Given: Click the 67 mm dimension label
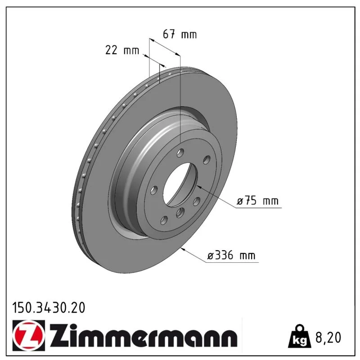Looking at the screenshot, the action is coord(180,35).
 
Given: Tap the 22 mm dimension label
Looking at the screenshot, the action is coord(122,50).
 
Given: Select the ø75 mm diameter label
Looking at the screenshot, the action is coord(257,201).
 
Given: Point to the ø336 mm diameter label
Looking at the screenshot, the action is coord(231,255).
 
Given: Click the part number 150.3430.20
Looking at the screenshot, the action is coord(49,308).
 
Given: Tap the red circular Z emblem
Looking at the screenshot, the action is coord(28,335).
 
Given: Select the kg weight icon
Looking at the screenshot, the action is coord(299,336).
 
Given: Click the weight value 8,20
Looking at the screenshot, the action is coord(328,337).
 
